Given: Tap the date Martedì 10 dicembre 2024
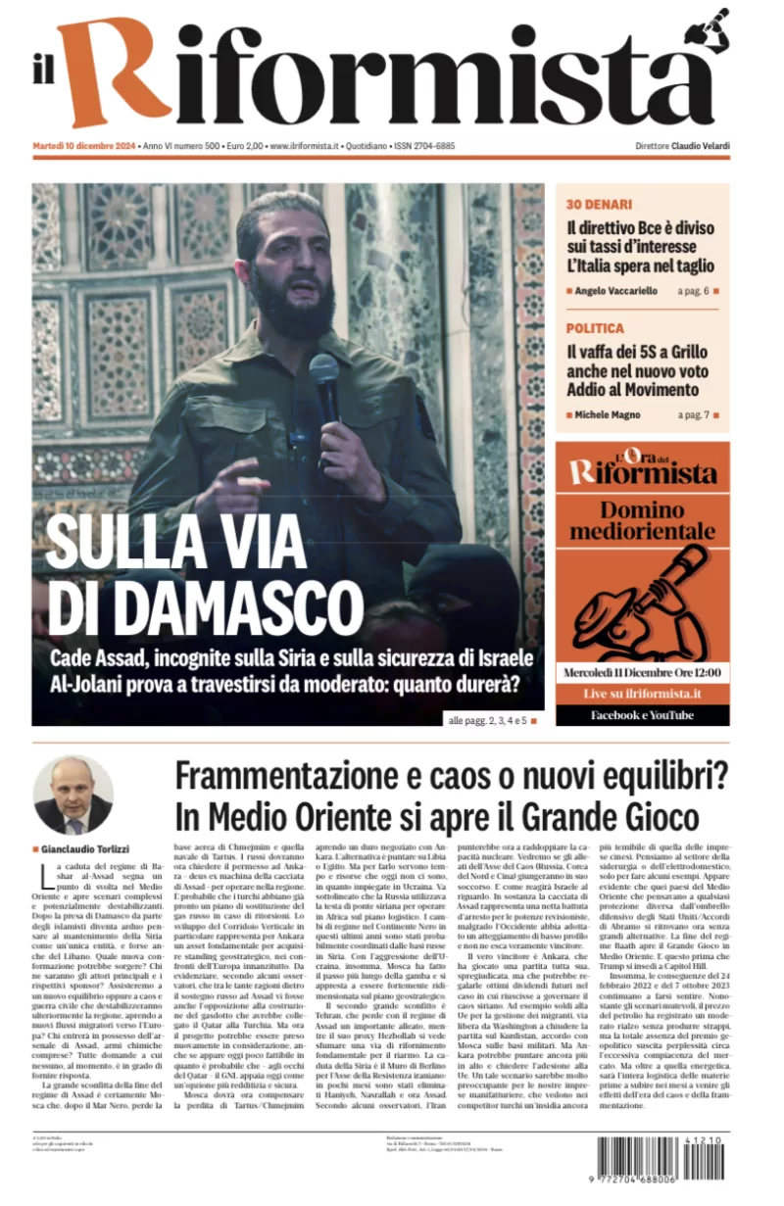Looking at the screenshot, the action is (84, 146).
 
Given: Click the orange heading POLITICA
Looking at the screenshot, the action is (595, 328).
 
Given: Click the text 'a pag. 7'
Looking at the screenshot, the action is (693, 415).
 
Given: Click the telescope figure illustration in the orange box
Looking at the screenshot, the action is (642, 598).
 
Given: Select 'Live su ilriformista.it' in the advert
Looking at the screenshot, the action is (642, 693).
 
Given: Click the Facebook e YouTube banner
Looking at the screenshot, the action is (642, 715).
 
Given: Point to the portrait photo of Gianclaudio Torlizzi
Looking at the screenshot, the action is (73, 796).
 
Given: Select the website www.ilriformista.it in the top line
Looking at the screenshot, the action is (305, 146).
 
